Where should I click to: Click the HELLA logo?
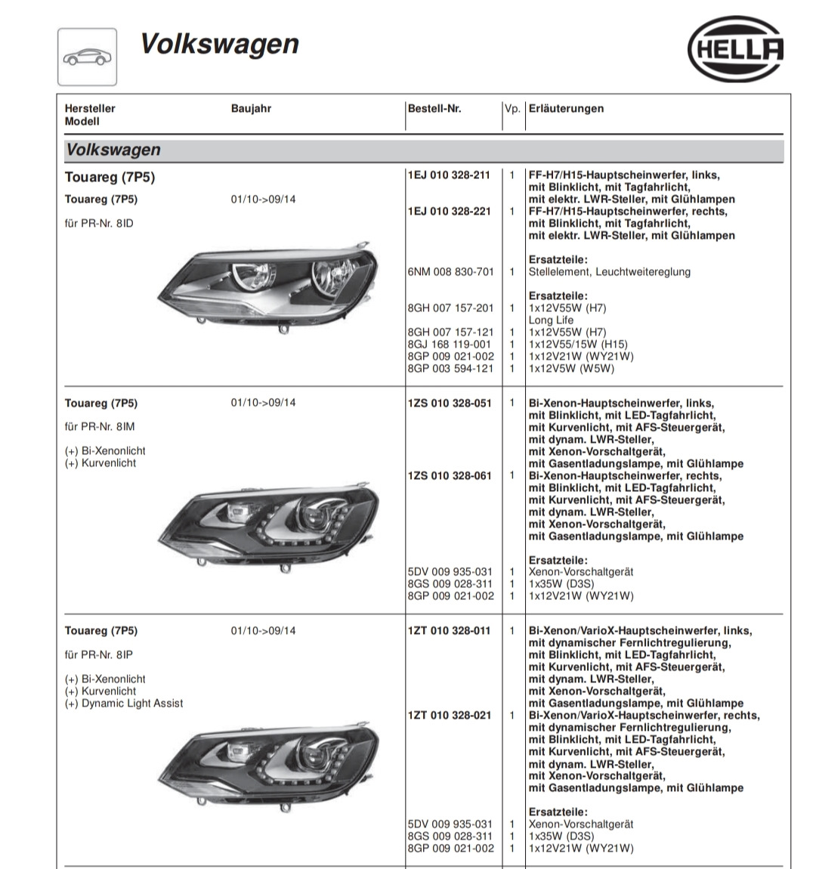[x=735, y=50]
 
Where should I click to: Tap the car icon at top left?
[x=87, y=57]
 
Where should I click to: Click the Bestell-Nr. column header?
[x=434, y=109]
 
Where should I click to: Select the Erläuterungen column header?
[x=566, y=109]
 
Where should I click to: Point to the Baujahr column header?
[x=251, y=109]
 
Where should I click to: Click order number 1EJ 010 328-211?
[x=449, y=175]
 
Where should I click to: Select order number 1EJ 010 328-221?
[x=449, y=212]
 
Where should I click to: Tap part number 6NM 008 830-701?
[x=450, y=272]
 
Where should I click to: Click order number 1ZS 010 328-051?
[x=449, y=404]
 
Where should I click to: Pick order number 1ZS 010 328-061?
[x=449, y=476]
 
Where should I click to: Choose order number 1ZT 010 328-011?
[x=449, y=631]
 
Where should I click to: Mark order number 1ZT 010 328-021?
[x=449, y=716]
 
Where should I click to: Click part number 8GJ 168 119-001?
[x=450, y=345]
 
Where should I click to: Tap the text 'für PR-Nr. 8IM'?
[x=100, y=427]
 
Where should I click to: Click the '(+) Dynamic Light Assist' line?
[x=124, y=704]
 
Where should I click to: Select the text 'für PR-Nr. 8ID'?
[x=99, y=224]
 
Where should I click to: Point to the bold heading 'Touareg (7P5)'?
[x=110, y=178]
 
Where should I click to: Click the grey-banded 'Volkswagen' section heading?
[x=113, y=150]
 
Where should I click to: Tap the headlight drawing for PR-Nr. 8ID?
[x=269, y=284]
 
